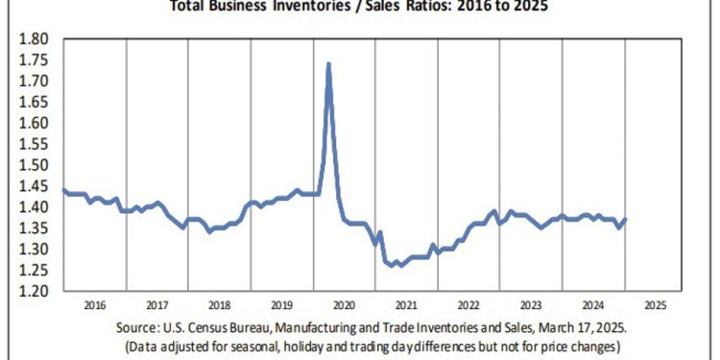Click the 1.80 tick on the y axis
point(35,39)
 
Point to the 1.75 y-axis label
point(35,60)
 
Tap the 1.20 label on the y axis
point(35,291)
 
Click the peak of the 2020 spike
point(329,64)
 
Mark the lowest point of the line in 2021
point(396,266)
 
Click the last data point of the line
point(625,220)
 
